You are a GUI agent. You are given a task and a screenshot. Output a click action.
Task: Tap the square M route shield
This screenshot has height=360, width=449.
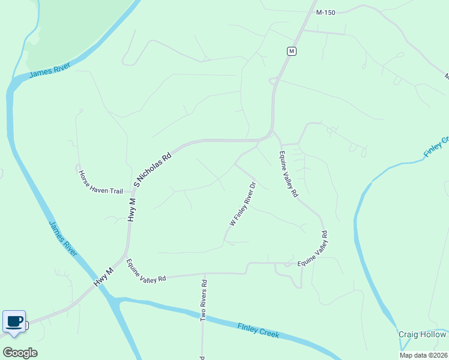[291, 51]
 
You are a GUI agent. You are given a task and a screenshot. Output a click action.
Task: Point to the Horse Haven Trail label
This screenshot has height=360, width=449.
[100, 182]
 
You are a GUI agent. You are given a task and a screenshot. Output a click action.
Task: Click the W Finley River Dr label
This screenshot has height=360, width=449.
[243, 205]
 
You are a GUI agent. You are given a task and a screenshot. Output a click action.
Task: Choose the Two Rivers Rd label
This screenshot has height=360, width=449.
[204, 301]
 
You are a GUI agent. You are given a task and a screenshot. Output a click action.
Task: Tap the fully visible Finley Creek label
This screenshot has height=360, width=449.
[259, 331]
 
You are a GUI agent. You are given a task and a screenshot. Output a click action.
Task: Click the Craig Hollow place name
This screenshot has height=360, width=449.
[423, 334]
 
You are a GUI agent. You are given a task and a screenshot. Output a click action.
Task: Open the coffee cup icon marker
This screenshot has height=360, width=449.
[14, 321]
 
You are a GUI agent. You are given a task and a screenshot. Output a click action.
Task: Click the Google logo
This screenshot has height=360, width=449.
[20, 352]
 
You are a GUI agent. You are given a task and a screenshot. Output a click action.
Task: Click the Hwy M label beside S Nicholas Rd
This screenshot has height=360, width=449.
[132, 205]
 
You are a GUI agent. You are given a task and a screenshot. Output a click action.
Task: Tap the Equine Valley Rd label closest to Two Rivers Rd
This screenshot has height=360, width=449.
[145, 271]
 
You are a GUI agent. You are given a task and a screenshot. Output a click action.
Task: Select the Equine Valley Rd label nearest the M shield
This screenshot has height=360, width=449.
[288, 174]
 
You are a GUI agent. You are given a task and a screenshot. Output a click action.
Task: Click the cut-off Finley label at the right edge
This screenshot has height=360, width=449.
[436, 148]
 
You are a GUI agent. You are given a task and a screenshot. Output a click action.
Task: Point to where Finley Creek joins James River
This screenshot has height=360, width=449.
[114, 298]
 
